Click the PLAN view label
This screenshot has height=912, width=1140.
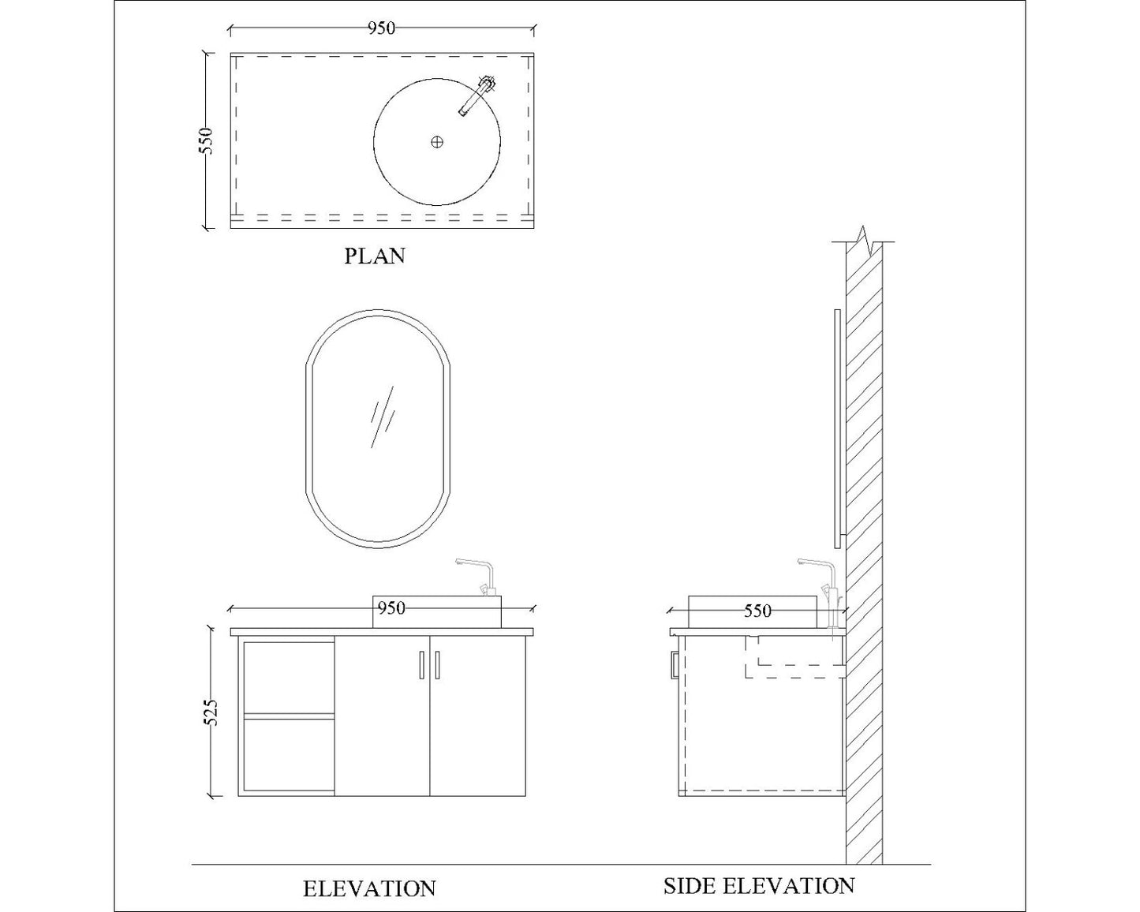375,256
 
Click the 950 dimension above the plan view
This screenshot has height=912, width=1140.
381,28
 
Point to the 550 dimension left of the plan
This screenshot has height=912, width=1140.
206,140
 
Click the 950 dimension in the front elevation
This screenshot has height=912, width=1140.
391,607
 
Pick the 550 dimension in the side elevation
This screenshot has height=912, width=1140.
757,611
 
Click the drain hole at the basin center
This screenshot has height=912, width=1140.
437,142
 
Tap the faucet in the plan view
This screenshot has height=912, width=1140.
477,95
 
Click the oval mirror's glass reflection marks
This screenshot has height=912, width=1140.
383,417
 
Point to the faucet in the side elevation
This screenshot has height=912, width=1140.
820,580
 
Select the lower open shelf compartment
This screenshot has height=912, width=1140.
289,753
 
